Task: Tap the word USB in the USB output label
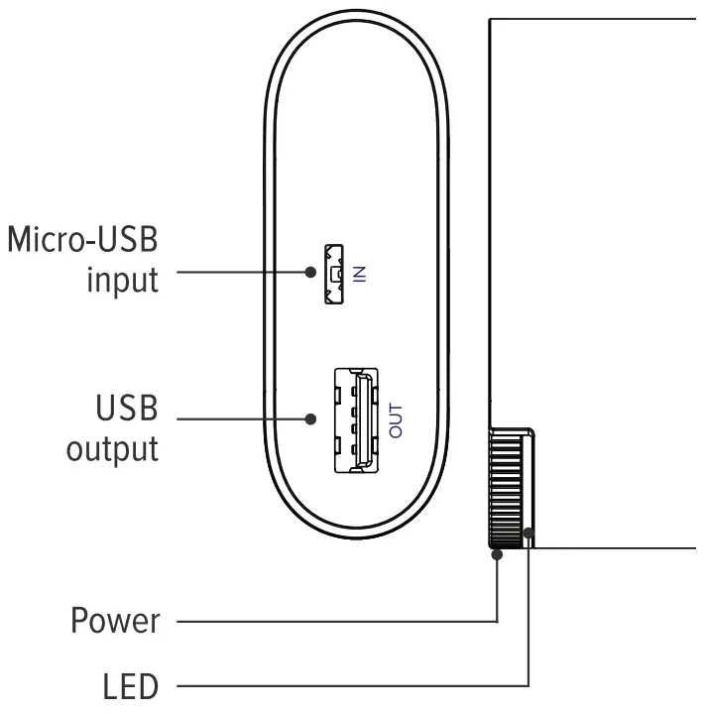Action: pyautogui.click(x=126, y=408)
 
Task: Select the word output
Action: pyautogui.click(x=112, y=448)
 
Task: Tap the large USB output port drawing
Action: pyautogui.click(x=355, y=418)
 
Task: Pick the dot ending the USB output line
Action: pyautogui.click(x=312, y=419)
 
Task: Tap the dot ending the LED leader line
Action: pyautogui.click(x=529, y=535)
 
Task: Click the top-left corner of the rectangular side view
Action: pyautogui.click(x=489, y=19)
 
